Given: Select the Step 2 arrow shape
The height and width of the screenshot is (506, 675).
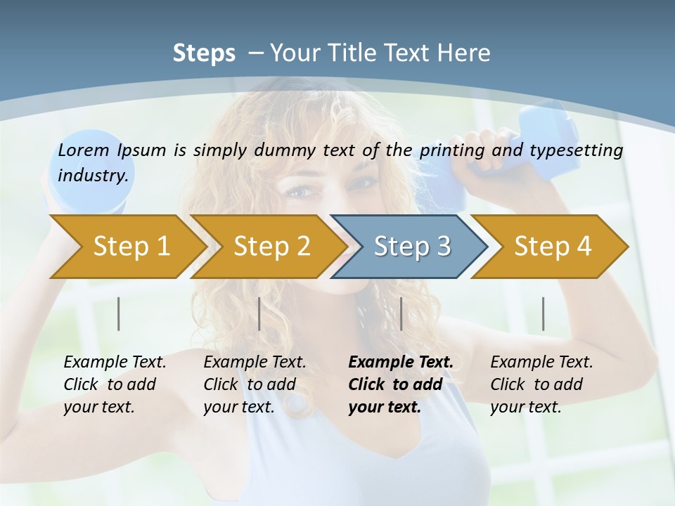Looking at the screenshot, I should pos(267,247).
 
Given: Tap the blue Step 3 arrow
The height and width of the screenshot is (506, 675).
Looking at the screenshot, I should pos(408,247).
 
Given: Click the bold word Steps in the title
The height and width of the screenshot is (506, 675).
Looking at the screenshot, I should pos(204,53).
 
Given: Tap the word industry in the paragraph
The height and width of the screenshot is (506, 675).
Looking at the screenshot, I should pos(93,175).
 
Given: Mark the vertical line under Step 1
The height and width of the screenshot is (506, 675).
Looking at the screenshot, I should pos(119,313).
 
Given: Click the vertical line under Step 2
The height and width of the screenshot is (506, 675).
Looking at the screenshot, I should pos(259,313).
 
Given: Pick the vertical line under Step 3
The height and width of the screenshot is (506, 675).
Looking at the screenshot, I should pos(401,313).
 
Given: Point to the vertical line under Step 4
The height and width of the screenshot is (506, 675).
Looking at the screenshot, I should pos(543,313).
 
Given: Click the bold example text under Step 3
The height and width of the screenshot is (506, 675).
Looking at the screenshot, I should pos(399,384).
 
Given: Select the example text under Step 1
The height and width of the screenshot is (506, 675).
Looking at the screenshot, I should pos(114,384).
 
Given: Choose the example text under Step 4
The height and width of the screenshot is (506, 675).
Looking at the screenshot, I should pos(541,384).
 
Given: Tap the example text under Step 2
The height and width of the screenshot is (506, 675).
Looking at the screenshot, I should pos(254,384).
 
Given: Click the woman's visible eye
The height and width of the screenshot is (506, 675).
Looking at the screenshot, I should pos(299,191).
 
